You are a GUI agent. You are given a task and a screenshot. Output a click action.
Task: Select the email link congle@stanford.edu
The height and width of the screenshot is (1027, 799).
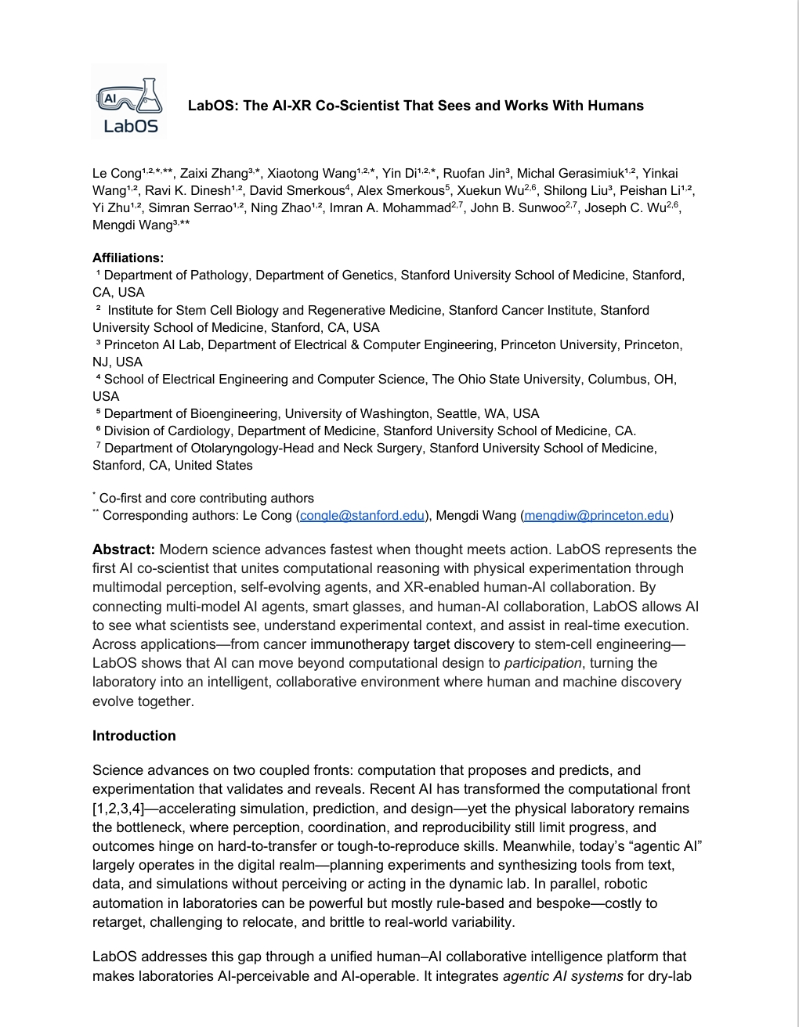click(x=362, y=515)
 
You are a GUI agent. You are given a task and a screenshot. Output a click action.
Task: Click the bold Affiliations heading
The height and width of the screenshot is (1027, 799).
click(x=128, y=258)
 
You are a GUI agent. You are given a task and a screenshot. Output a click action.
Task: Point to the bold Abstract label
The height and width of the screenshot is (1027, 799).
click(x=124, y=550)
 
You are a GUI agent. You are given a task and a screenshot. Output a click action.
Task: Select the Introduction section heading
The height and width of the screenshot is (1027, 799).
click(x=134, y=736)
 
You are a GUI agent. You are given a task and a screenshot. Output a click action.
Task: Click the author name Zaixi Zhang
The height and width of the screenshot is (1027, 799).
click(x=213, y=174)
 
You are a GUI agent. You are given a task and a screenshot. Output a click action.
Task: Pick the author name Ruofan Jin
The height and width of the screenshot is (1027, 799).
click(x=475, y=174)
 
